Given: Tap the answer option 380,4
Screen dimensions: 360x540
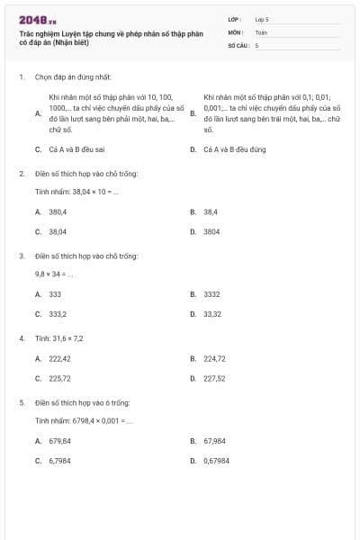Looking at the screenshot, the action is pos(58,211).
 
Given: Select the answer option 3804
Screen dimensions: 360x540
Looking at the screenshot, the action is pos(212,231).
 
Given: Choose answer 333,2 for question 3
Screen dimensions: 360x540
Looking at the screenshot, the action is pos(58,314).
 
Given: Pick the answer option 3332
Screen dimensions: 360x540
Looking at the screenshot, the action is pos(212,294).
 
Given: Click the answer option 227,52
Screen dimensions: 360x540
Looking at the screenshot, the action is pos(214,378).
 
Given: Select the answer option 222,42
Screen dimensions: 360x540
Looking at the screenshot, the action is pos(59,358).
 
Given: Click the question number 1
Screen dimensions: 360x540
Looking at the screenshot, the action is pos(22,77).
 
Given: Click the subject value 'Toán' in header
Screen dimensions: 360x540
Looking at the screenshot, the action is pos(261,31).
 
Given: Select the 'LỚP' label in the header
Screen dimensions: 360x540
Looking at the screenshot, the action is pos(235,19).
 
